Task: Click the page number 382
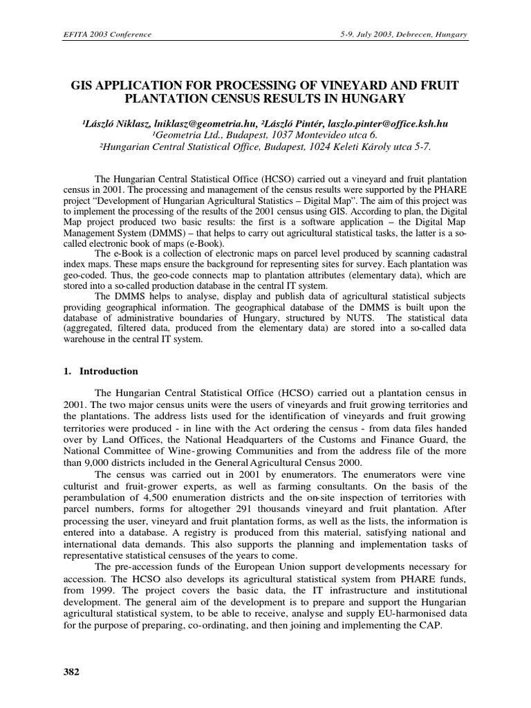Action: (72, 671)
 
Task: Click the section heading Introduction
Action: (109, 371)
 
